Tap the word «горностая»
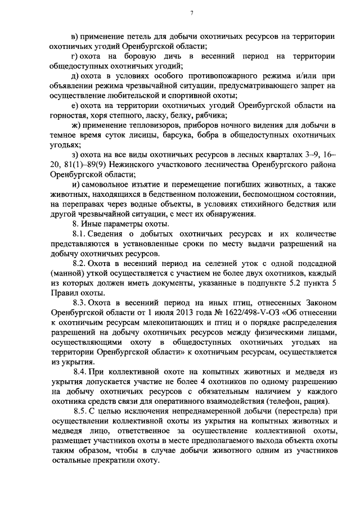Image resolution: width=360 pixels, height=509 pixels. click(69, 116)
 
